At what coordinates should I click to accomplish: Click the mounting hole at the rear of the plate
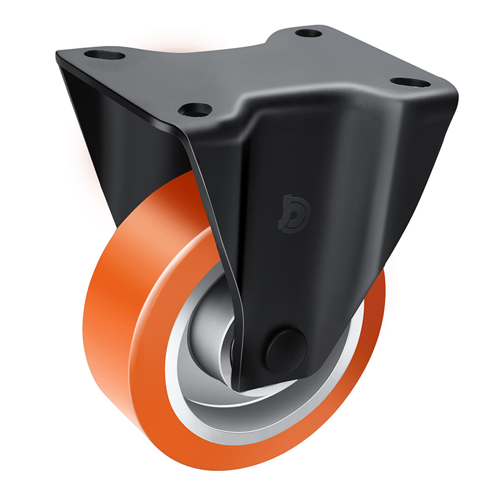click(309, 32)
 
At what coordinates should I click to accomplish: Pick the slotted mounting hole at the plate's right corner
click(407, 81)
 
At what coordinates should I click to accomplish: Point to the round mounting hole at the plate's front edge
click(195, 110)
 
